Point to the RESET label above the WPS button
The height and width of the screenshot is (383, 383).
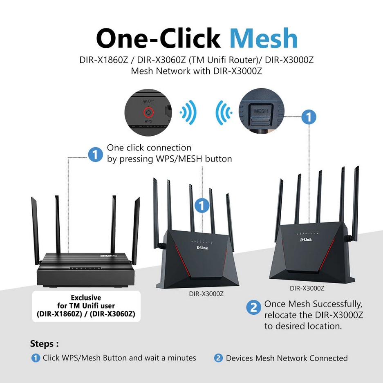point(148,101)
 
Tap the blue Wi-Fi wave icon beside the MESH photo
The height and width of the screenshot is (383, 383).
point(224,112)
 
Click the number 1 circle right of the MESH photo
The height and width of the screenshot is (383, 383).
point(309,117)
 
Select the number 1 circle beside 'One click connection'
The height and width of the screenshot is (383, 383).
point(96,155)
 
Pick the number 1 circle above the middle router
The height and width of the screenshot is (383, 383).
point(202,205)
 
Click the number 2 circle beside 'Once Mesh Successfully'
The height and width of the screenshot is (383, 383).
point(253,308)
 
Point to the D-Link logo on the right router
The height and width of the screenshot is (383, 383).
point(306,239)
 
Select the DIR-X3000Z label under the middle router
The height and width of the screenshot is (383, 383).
point(206,293)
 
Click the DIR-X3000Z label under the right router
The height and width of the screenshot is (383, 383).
point(307,288)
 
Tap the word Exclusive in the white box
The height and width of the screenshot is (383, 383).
point(86,298)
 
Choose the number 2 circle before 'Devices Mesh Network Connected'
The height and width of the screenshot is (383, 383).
point(218,358)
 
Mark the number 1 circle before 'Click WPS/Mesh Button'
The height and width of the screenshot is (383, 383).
point(36,358)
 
